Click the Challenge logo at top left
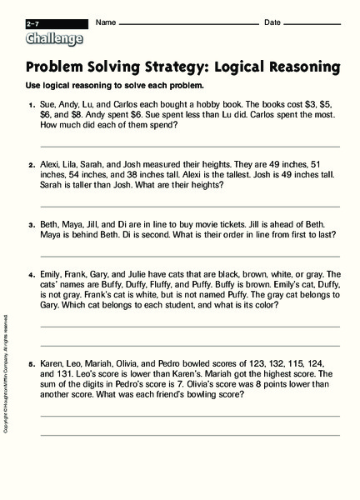(54, 38)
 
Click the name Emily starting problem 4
(51, 273)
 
